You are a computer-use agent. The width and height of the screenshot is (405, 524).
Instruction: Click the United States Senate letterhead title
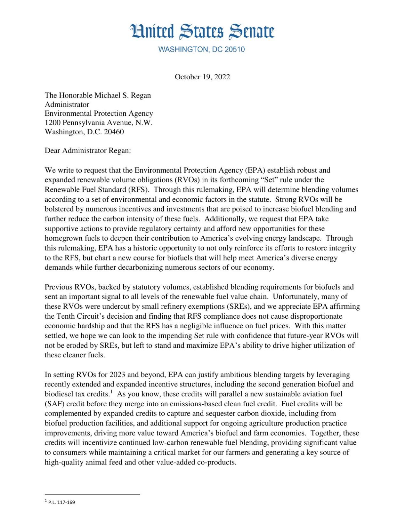(x=202, y=31)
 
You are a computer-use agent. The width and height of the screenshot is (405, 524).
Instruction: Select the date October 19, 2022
(x=202, y=77)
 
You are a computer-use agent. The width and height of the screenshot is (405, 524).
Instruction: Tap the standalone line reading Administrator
(x=67, y=105)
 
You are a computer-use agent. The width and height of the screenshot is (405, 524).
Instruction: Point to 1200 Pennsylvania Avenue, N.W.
(x=98, y=123)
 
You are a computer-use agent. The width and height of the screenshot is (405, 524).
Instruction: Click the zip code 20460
(x=114, y=132)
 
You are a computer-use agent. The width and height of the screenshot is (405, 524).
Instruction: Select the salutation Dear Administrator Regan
(x=87, y=151)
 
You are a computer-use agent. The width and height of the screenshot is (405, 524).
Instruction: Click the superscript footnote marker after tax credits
(x=111, y=392)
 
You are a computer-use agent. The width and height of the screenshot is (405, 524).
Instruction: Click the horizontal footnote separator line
(x=92, y=494)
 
